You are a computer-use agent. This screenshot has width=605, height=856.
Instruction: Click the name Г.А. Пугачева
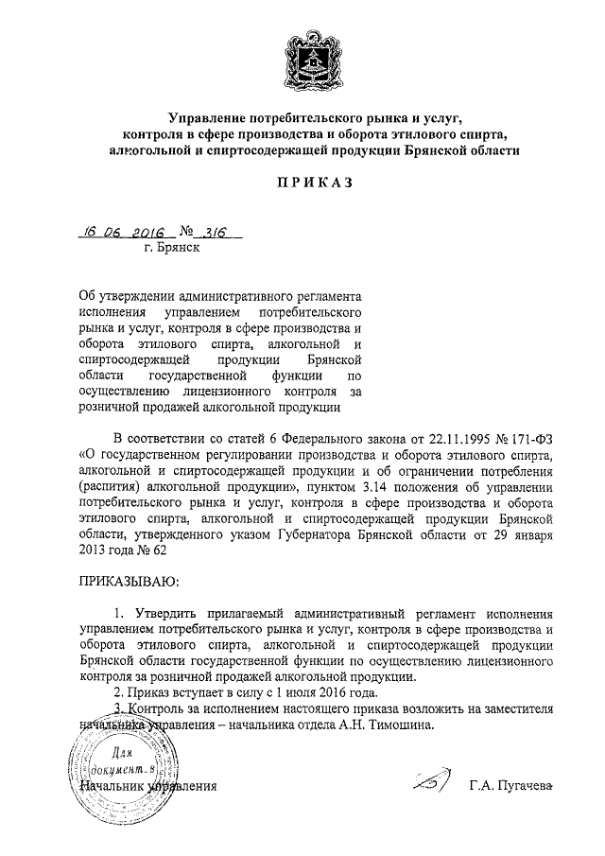(x=510, y=786)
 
